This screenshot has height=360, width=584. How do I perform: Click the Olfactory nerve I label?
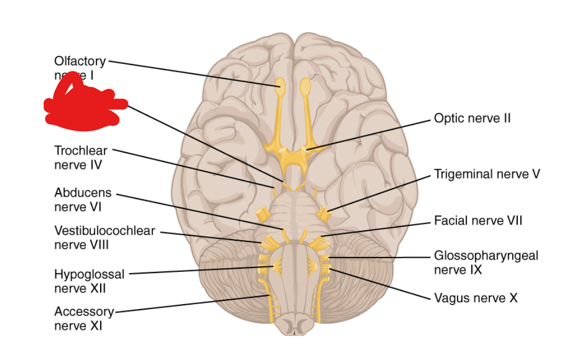(79, 61)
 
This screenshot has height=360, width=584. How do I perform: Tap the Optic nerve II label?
(472, 118)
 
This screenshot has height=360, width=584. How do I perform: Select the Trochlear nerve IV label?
(80, 156)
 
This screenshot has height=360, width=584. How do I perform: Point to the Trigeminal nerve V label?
(487, 174)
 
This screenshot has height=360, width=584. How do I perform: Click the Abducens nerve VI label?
(83, 200)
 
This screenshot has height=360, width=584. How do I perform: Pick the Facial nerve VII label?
(478, 220)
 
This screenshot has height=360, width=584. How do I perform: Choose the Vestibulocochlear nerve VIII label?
(104, 237)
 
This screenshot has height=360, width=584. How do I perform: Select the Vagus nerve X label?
(475, 298)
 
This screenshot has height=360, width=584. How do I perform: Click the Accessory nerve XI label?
(84, 318)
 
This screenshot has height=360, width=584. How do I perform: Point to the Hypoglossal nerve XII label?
(89, 280)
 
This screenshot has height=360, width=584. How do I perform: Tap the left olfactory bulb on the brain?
(280, 85)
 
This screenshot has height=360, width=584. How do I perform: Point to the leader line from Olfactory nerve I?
(192, 72)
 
